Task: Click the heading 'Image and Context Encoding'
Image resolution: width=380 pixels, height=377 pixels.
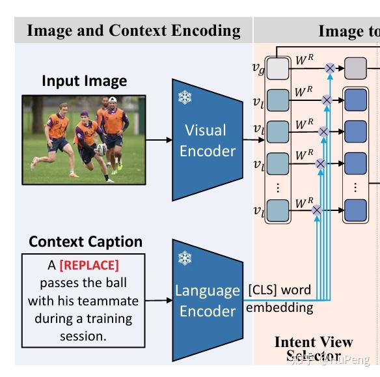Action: [133, 31]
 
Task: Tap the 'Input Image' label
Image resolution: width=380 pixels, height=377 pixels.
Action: [84, 81]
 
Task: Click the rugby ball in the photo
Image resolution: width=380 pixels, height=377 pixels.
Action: [101, 149]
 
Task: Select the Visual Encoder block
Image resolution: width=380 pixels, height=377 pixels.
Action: [207, 140]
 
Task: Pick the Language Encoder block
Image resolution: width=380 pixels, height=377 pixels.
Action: [207, 300]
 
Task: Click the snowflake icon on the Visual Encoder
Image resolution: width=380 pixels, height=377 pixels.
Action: [185, 98]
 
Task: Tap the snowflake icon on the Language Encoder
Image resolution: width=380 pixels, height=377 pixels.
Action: [185, 258]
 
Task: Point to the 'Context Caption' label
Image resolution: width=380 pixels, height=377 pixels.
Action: [85, 242]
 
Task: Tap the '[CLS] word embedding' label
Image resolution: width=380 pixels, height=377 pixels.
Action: [279, 298]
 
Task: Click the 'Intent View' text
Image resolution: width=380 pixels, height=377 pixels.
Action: [313, 342]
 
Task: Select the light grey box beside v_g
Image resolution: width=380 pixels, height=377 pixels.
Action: [278, 68]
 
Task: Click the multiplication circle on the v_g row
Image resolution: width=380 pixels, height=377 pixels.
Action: [331, 68]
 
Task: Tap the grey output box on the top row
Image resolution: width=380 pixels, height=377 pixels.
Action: [355, 68]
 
